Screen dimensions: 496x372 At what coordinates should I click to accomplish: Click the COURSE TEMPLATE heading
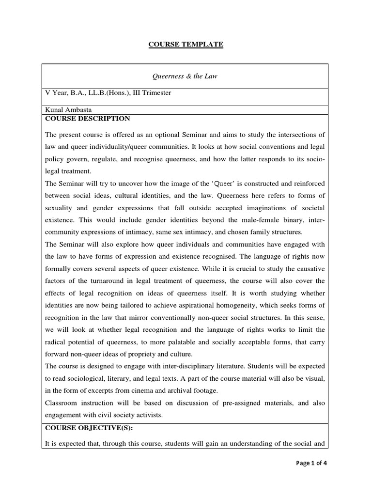click(x=186, y=45)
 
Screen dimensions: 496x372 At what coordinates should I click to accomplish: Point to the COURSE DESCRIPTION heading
click(x=87, y=118)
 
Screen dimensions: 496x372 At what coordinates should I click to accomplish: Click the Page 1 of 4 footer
click(x=311, y=463)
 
